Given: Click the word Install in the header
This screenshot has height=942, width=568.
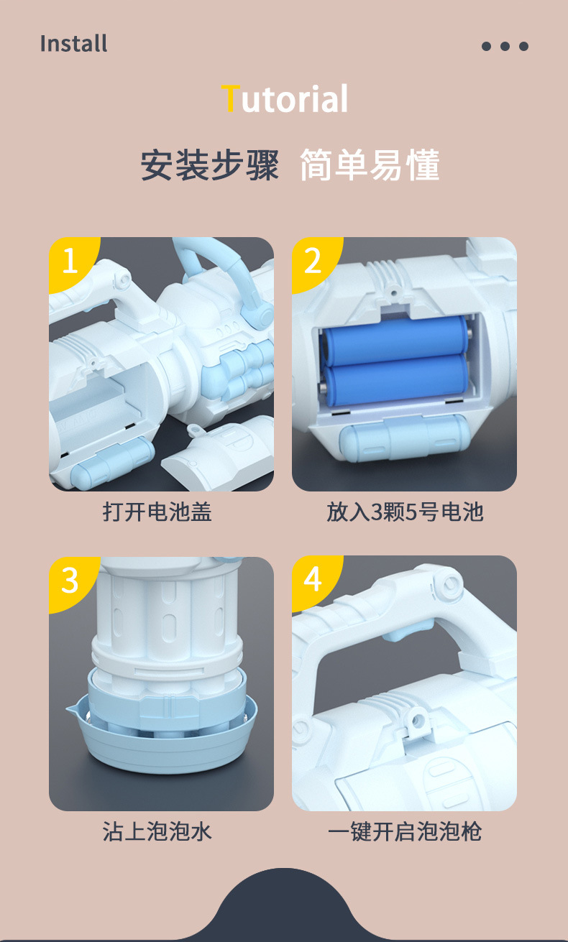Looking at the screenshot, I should click(x=73, y=44).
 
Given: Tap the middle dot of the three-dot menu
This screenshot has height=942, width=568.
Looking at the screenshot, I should click(x=505, y=47).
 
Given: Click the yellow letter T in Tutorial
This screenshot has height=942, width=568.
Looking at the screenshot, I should click(x=229, y=98).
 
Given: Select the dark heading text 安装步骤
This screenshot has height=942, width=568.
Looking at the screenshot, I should click(x=209, y=165).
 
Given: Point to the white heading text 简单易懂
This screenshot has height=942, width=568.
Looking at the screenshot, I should click(x=369, y=165).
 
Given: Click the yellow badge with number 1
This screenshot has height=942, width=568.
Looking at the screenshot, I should click(x=69, y=260).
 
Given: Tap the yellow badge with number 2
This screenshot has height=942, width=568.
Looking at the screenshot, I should click(x=312, y=260).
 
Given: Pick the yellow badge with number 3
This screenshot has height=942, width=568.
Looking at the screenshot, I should click(x=69, y=580).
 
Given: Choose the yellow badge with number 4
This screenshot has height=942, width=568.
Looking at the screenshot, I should click(x=312, y=579).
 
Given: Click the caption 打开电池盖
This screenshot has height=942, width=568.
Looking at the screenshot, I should click(x=157, y=512).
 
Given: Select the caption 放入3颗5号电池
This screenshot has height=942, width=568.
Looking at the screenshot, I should click(x=405, y=512).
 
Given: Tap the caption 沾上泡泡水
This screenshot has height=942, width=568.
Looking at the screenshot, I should click(x=157, y=832).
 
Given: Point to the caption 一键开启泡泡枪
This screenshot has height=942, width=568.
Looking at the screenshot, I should click(x=405, y=832).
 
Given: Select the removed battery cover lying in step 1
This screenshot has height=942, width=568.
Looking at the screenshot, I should click(x=219, y=453).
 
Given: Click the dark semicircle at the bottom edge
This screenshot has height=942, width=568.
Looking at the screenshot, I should click(x=285, y=909).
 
